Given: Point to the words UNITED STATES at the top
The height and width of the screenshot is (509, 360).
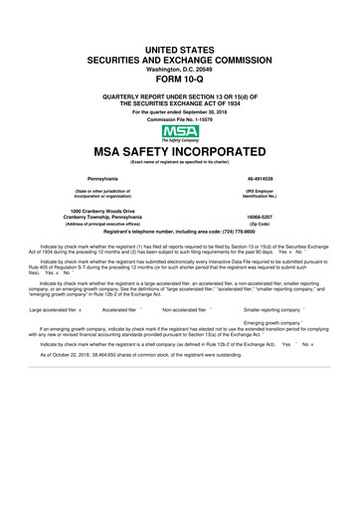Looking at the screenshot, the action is click(x=180, y=49).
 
